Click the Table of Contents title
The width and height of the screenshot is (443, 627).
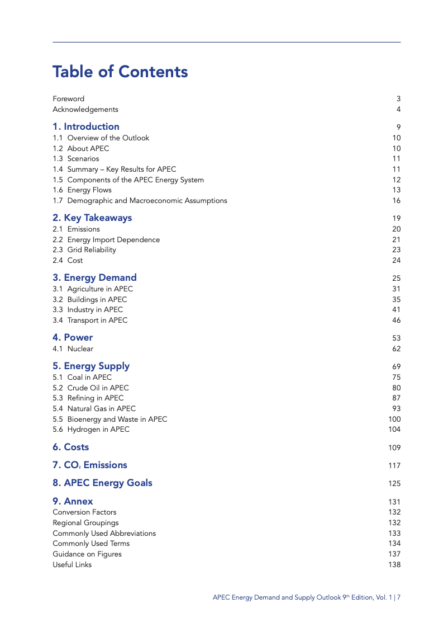click(120, 72)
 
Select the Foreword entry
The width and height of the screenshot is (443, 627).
click(69, 99)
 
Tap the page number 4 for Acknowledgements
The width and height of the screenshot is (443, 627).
click(398, 110)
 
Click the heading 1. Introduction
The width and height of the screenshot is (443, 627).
click(86, 127)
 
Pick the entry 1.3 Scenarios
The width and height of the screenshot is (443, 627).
click(76, 159)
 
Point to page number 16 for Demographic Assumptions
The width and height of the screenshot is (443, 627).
click(396, 201)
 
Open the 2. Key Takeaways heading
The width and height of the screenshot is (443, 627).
click(92, 218)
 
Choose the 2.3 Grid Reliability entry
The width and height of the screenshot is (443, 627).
click(84, 250)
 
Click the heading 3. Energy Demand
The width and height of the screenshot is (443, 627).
click(94, 278)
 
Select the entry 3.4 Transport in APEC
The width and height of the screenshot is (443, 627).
click(90, 320)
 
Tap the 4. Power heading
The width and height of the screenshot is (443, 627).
click(73, 338)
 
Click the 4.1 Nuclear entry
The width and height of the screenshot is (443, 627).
click(73, 349)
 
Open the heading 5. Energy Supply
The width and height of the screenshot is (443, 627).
click(91, 366)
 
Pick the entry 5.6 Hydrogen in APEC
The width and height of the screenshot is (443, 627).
click(91, 430)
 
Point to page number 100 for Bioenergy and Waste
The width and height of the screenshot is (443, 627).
click(394, 419)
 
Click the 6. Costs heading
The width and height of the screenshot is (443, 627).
click(71, 447)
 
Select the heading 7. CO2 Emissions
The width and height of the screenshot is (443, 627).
click(90, 465)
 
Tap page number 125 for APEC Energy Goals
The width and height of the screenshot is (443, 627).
click(394, 484)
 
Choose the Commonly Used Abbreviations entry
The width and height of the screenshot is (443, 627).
click(104, 534)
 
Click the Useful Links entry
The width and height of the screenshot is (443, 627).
click(72, 565)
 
